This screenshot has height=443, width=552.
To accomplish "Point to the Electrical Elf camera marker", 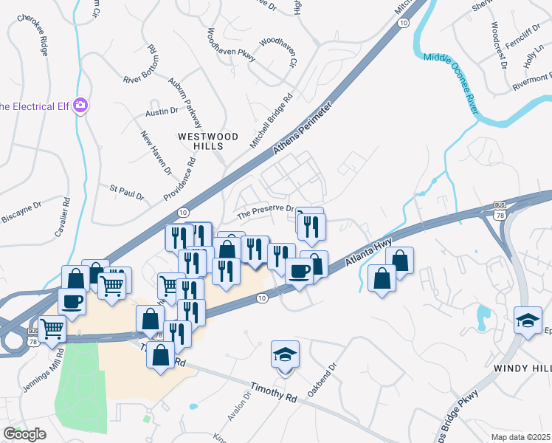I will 80,106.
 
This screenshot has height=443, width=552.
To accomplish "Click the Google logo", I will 24,433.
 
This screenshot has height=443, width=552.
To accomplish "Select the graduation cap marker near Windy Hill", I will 528,320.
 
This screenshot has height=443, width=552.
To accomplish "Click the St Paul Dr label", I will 127,193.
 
